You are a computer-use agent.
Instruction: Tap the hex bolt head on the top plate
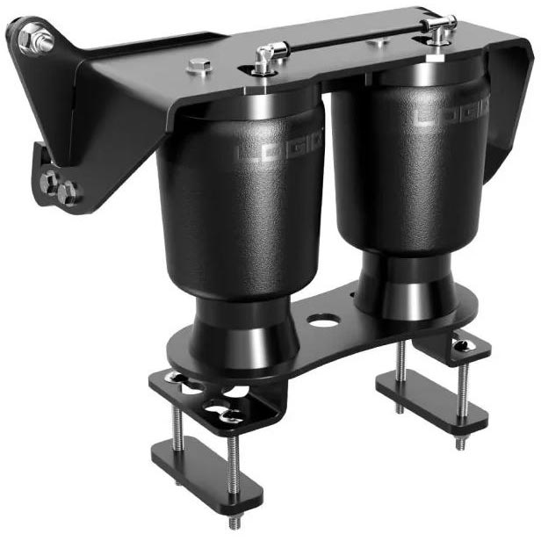(x=198, y=66)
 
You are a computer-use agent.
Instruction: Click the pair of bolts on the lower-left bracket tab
(x=59, y=185)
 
